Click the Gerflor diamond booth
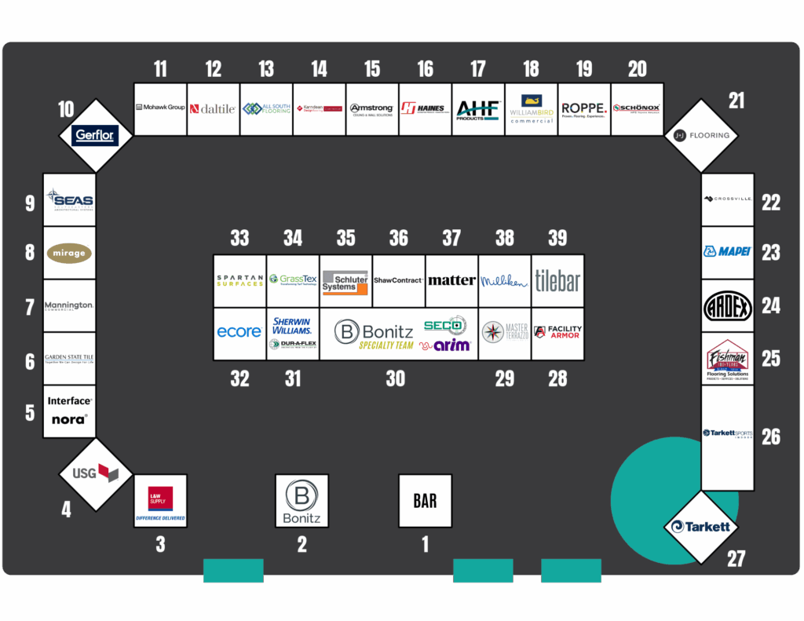95,135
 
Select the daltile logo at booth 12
214,109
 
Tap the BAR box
425,500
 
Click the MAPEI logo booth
728,252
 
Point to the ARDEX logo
728,305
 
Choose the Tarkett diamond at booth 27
697,526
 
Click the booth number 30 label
395,378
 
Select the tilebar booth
557,280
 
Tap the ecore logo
239,332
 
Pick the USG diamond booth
95,473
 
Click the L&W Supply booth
160,501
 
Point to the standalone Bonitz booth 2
301,501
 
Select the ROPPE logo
584,109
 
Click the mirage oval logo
69,253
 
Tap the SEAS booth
69,199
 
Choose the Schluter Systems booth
345,281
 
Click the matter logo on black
451,280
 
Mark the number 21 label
736,100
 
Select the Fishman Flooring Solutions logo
728,358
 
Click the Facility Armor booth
557,333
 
